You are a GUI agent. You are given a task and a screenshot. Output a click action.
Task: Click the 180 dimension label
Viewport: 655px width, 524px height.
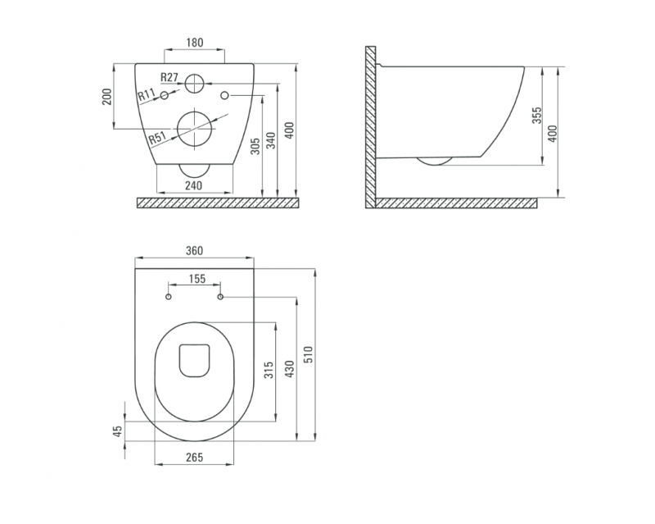(195, 43)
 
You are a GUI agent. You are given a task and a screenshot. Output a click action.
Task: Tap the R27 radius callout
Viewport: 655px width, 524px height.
(169, 77)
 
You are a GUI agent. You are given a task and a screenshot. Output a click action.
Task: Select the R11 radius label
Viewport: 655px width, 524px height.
(147, 95)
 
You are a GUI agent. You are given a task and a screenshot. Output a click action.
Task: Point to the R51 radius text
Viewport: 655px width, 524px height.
(158, 138)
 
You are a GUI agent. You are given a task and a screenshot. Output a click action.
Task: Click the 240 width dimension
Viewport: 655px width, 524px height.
(193, 185)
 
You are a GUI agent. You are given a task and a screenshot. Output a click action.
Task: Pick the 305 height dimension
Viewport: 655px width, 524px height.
(255, 146)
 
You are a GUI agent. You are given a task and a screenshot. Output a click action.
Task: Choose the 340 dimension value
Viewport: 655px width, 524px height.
(271, 140)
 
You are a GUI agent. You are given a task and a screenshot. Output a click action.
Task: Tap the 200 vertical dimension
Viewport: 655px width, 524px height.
(108, 96)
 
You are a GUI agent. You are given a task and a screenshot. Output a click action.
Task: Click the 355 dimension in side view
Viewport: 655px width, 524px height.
(537, 115)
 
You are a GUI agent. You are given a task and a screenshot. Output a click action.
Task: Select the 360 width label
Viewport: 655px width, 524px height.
(194, 250)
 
